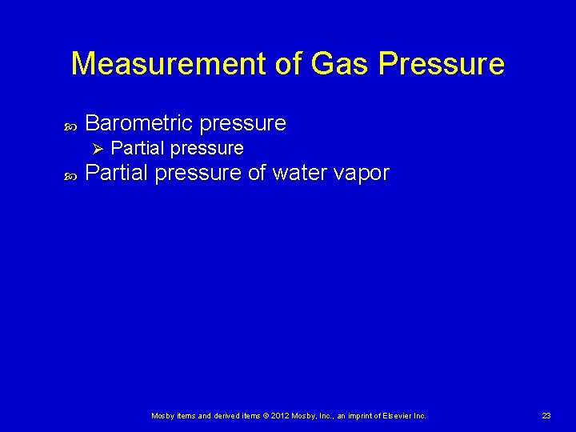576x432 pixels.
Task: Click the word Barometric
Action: tap(139, 123)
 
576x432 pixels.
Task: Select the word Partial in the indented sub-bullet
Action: tap(138, 148)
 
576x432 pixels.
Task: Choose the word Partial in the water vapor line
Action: tap(117, 173)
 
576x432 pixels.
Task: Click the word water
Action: tap(301, 173)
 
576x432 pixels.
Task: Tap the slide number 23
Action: tap(546, 415)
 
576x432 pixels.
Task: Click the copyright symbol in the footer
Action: tap(266, 415)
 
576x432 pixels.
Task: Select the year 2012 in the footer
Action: tap(280, 415)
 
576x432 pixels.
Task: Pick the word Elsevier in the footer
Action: tap(398, 415)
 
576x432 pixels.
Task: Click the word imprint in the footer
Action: tap(358, 415)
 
